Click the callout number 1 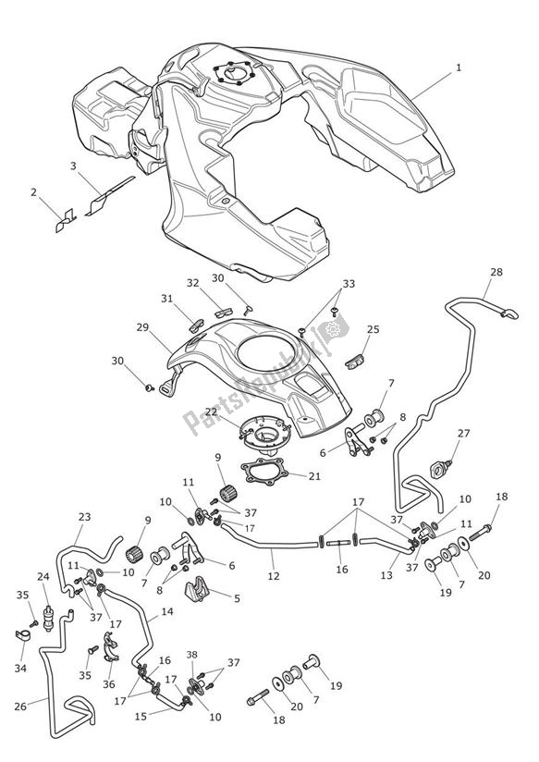[x=458, y=68]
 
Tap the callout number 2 [x=34, y=192]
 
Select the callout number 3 [x=73, y=166]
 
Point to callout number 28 [x=497, y=272]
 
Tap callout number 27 [x=464, y=433]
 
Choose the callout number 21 [x=313, y=476]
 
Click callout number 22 [x=211, y=412]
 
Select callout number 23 [x=84, y=517]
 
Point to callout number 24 [x=43, y=577]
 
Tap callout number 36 [x=108, y=685]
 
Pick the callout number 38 [x=192, y=654]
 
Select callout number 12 [x=273, y=576]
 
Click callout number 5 [x=236, y=598]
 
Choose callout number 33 [x=348, y=284]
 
